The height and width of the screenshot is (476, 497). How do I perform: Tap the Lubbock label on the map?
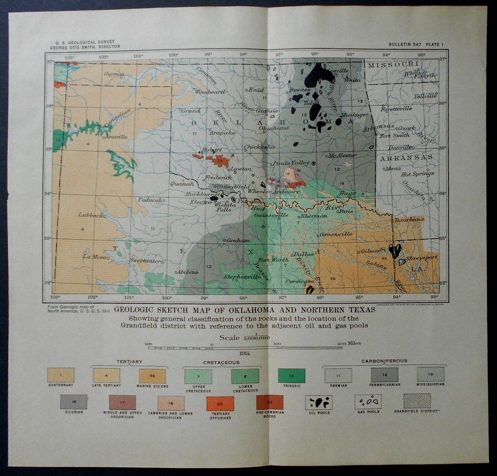[x=91, y=215]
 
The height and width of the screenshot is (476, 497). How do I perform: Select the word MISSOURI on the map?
[x=393, y=65]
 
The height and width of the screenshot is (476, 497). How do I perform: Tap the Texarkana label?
[x=408, y=219]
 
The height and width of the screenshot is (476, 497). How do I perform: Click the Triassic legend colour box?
[x=292, y=375]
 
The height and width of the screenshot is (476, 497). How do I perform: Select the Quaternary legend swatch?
[x=61, y=375]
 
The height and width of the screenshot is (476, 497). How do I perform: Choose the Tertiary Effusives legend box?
[x=221, y=403]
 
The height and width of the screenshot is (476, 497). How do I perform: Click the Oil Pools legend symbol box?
[x=319, y=402]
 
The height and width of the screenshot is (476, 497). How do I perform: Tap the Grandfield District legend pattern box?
[x=416, y=401]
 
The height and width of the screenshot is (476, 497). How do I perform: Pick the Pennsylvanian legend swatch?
[x=384, y=375]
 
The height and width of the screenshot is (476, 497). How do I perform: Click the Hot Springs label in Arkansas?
[x=417, y=174]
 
